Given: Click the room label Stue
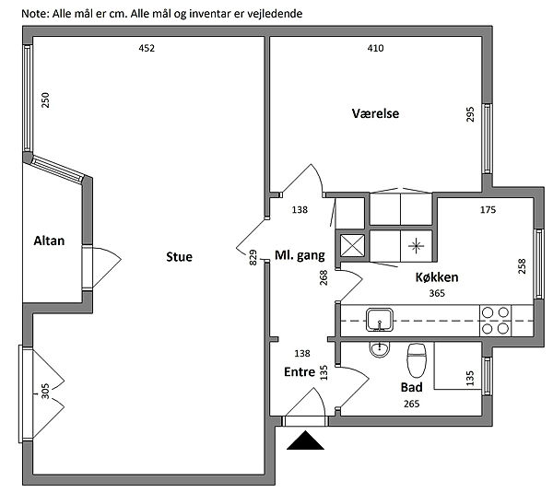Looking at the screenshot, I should tap(180, 257).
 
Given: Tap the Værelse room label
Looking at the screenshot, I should tap(375, 114).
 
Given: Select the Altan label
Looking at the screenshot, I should tap(49, 241).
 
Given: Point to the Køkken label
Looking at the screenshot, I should tap(437, 276).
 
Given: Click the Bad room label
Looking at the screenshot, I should tap(411, 388).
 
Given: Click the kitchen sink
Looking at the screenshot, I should tap(380, 320).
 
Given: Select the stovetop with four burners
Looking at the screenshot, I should tap(496, 319).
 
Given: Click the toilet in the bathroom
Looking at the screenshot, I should tap(416, 354).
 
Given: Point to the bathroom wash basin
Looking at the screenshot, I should tap(378, 348).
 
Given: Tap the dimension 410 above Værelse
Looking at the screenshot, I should tap(375, 49).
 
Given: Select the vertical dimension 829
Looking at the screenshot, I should tap(253, 258).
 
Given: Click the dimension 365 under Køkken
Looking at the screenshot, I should tap(438, 293).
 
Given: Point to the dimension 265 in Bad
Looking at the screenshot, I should tap(412, 404).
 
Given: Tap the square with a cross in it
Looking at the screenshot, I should tap(352, 245).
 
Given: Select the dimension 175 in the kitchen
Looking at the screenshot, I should tap(488, 210).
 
